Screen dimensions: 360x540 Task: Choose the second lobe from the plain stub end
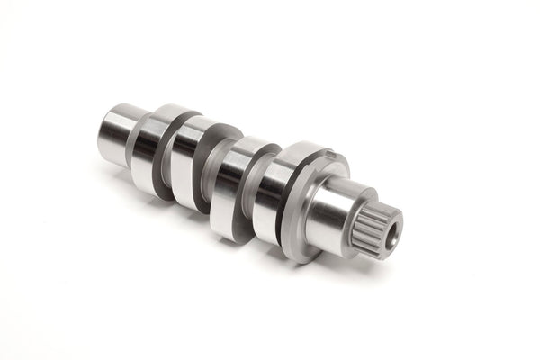coord(189,166)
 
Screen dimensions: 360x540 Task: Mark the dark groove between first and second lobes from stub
coord(165,162)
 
